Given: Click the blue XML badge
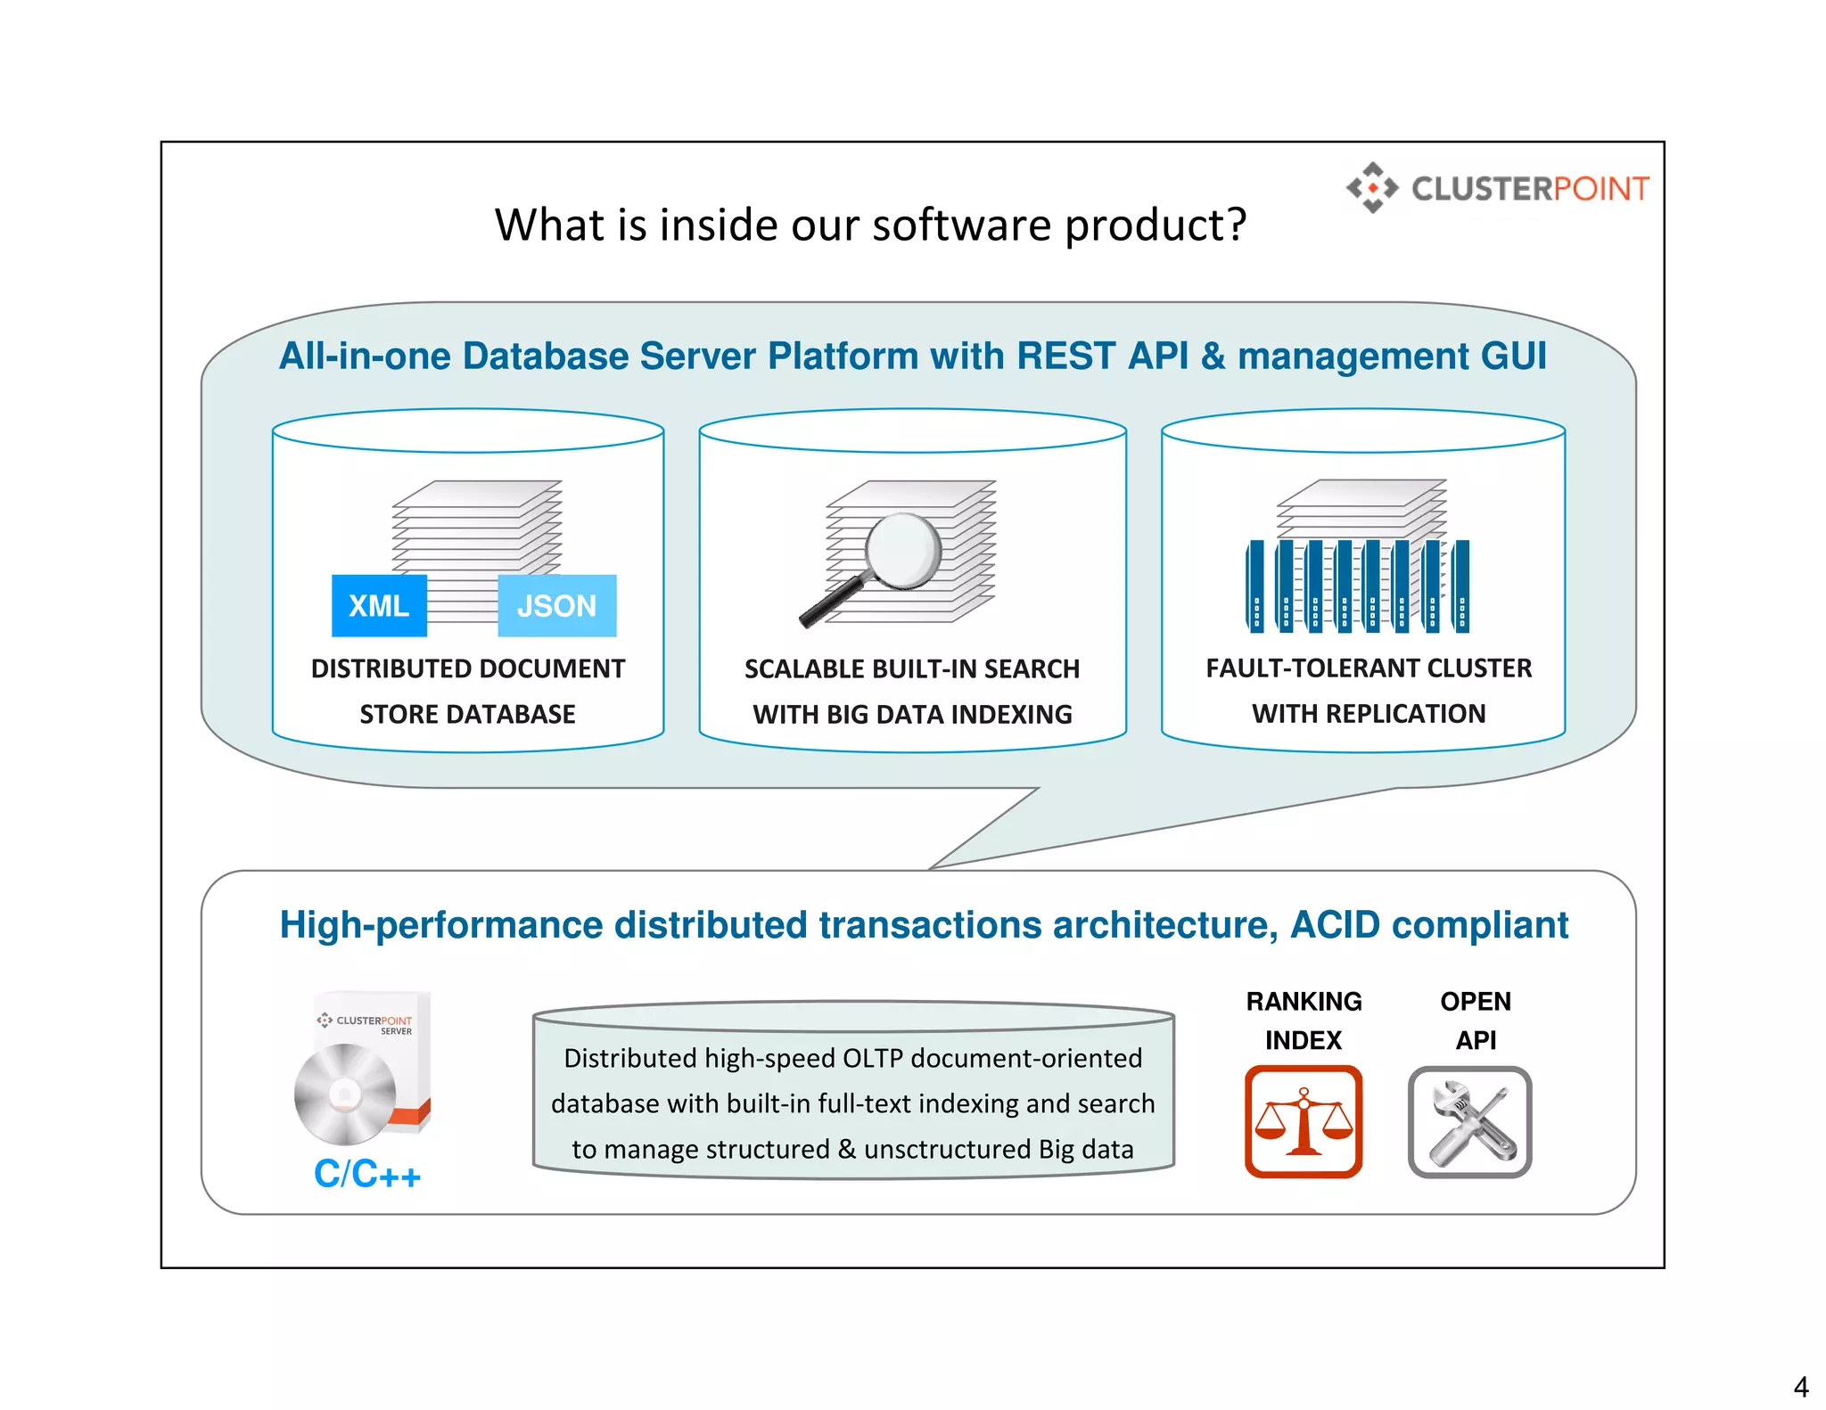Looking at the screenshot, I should (x=379, y=606).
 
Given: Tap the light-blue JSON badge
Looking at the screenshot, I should (x=556, y=606).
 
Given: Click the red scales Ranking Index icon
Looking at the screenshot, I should (x=1304, y=1122).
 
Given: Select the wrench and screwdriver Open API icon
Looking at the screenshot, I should (x=1469, y=1122).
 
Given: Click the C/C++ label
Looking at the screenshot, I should (x=366, y=1174).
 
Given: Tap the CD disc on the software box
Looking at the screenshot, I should (x=344, y=1094).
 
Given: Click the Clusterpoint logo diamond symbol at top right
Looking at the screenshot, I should (x=1372, y=188).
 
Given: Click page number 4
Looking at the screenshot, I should (x=1800, y=1387).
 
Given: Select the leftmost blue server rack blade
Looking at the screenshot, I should (x=1255, y=586).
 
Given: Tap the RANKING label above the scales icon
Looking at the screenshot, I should (x=1304, y=1002).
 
